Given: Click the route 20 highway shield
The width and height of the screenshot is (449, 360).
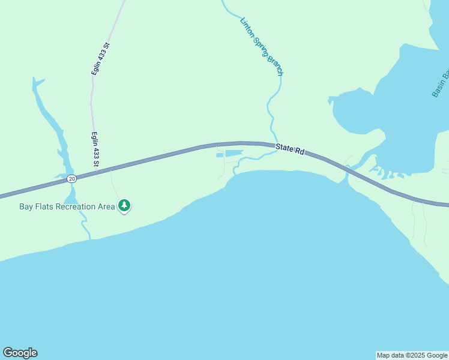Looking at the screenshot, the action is point(72,179).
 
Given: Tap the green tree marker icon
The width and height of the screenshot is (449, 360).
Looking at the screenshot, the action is point(124,206).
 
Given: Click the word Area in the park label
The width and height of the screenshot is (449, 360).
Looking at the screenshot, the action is point(106,207).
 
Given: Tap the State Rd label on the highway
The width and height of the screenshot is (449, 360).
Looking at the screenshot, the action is point(291,149).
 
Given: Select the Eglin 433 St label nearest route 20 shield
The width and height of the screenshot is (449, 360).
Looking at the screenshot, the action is point(95,149).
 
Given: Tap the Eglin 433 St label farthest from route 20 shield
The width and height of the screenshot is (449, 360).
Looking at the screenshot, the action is point(100,58).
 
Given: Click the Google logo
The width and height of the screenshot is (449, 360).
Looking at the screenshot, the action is point(20,353).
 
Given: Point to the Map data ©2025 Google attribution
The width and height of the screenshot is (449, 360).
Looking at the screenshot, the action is point(412,355).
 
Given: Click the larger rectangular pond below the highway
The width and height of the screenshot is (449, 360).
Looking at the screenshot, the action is point(234,154).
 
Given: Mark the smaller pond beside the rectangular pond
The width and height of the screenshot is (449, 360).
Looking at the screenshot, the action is point(220,155).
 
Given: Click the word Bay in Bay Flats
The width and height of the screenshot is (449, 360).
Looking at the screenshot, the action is point(26,207).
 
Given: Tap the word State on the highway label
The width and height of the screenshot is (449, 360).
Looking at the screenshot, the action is point(285,148).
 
